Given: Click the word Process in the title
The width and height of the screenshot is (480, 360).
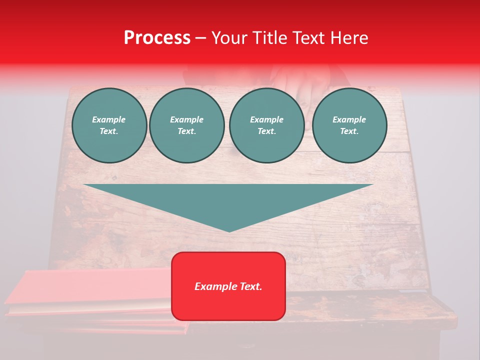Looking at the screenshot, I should click(x=157, y=38).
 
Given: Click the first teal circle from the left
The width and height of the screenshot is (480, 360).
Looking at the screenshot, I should click(x=109, y=125).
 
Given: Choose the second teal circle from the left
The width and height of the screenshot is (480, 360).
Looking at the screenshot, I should click(x=186, y=125).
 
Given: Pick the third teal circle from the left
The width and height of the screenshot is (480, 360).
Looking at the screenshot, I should click(x=266, y=125).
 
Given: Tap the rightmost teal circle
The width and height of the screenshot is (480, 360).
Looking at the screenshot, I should click(x=349, y=125).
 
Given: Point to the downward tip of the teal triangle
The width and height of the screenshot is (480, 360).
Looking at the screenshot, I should click(x=229, y=230).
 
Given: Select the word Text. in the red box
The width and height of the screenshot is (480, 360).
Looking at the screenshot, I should click(x=250, y=286).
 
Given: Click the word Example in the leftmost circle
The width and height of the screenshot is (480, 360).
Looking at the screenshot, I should click(x=109, y=119).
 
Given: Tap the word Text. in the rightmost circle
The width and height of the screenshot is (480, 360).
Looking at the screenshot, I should click(x=349, y=131).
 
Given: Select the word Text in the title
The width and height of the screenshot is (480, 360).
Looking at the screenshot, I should click(x=309, y=38).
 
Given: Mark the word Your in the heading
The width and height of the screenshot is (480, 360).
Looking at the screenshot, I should click(x=229, y=38).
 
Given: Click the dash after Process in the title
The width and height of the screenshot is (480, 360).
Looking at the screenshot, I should click(x=201, y=38).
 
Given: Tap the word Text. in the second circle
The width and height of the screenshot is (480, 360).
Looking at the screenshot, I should click(x=186, y=131).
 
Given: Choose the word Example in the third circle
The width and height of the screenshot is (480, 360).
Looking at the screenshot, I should click(x=266, y=119).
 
